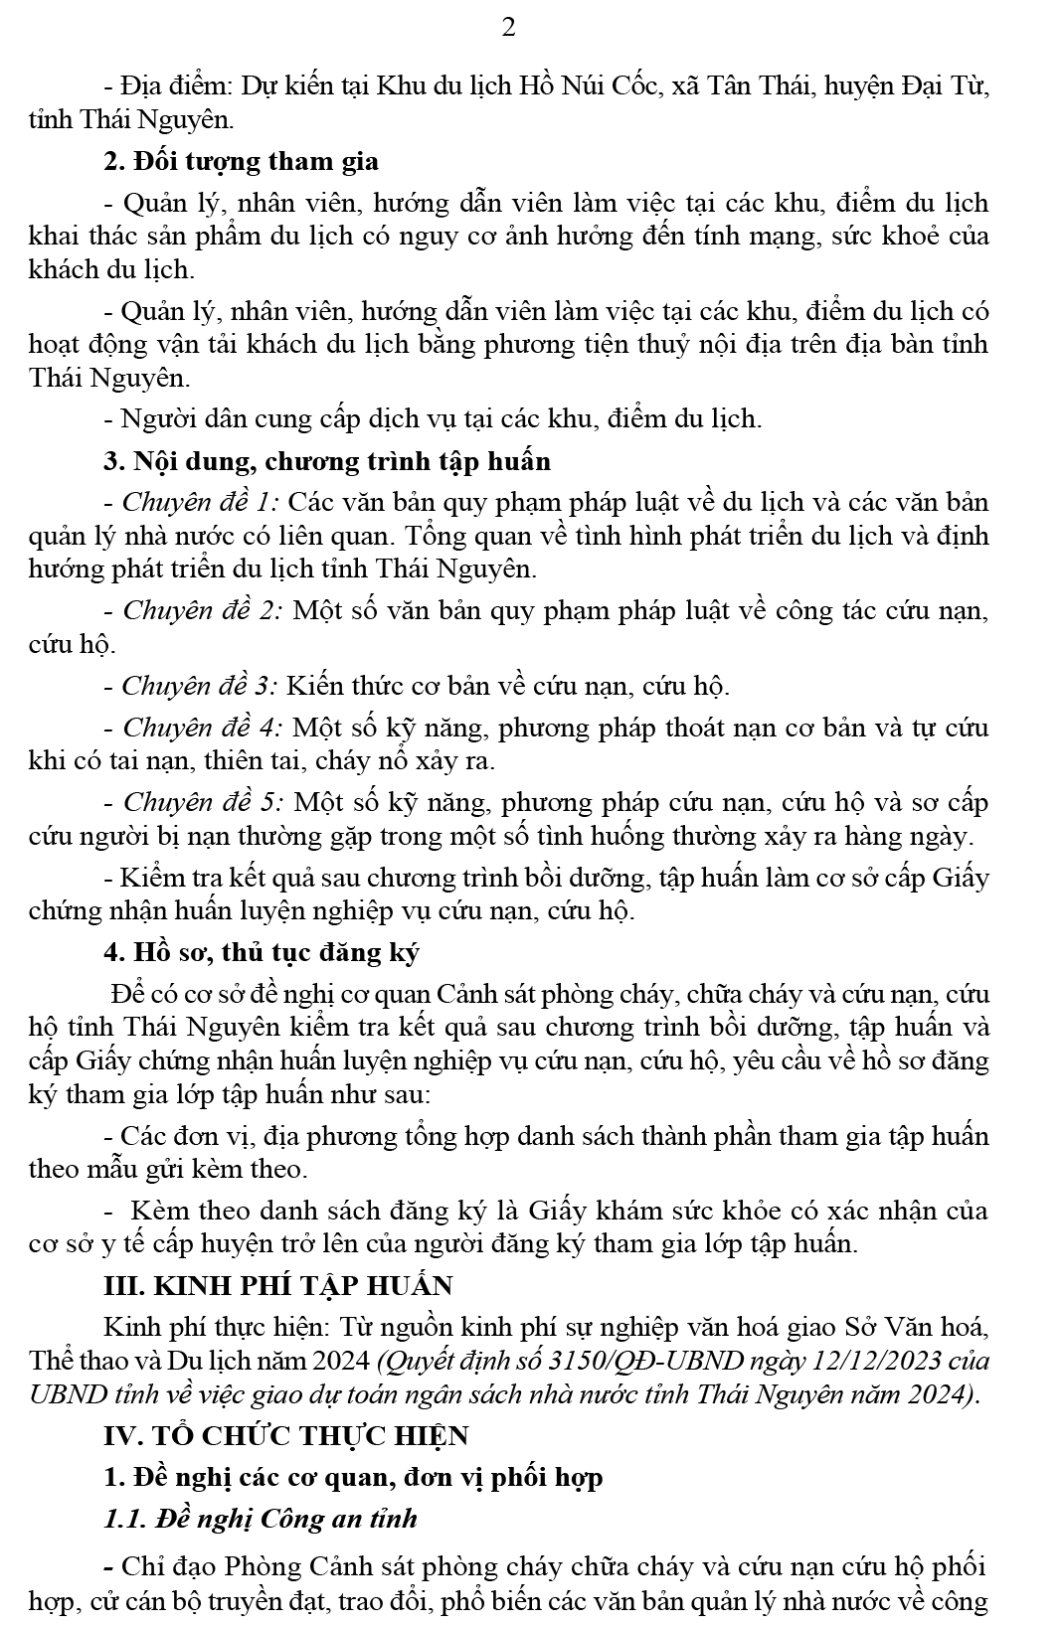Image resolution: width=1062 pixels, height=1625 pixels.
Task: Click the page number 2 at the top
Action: (x=508, y=28)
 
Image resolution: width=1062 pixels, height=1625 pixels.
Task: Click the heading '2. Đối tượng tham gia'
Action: (x=241, y=161)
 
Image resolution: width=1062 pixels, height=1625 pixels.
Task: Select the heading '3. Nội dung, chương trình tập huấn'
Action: (x=327, y=461)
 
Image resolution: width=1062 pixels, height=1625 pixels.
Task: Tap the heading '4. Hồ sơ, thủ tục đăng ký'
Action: (x=262, y=952)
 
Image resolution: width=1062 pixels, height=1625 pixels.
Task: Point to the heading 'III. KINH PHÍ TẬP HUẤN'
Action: (x=278, y=1285)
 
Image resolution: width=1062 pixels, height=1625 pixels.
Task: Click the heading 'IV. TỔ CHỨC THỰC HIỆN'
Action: (x=286, y=1435)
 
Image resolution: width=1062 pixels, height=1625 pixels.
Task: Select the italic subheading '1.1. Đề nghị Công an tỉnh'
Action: (x=261, y=1519)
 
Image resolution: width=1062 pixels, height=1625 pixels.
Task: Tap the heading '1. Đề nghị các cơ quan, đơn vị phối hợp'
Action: (x=353, y=1478)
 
